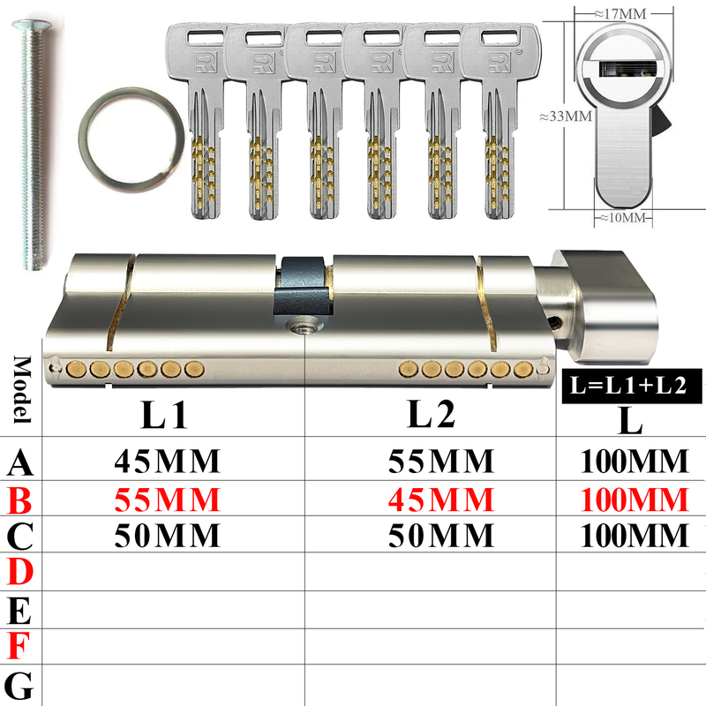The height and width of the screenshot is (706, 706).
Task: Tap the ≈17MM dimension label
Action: coord(620,14)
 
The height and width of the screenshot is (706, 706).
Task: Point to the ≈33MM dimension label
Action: coord(566,116)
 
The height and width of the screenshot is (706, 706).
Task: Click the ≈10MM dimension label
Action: coord(623,217)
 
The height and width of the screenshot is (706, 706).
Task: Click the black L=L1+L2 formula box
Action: coord(632,386)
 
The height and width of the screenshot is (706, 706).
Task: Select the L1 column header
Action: coord(164,414)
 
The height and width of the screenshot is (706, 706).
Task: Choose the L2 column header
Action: coord(431,413)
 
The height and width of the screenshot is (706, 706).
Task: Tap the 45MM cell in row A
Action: coord(167,461)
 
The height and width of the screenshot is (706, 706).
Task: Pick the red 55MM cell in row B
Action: coord(167,499)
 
